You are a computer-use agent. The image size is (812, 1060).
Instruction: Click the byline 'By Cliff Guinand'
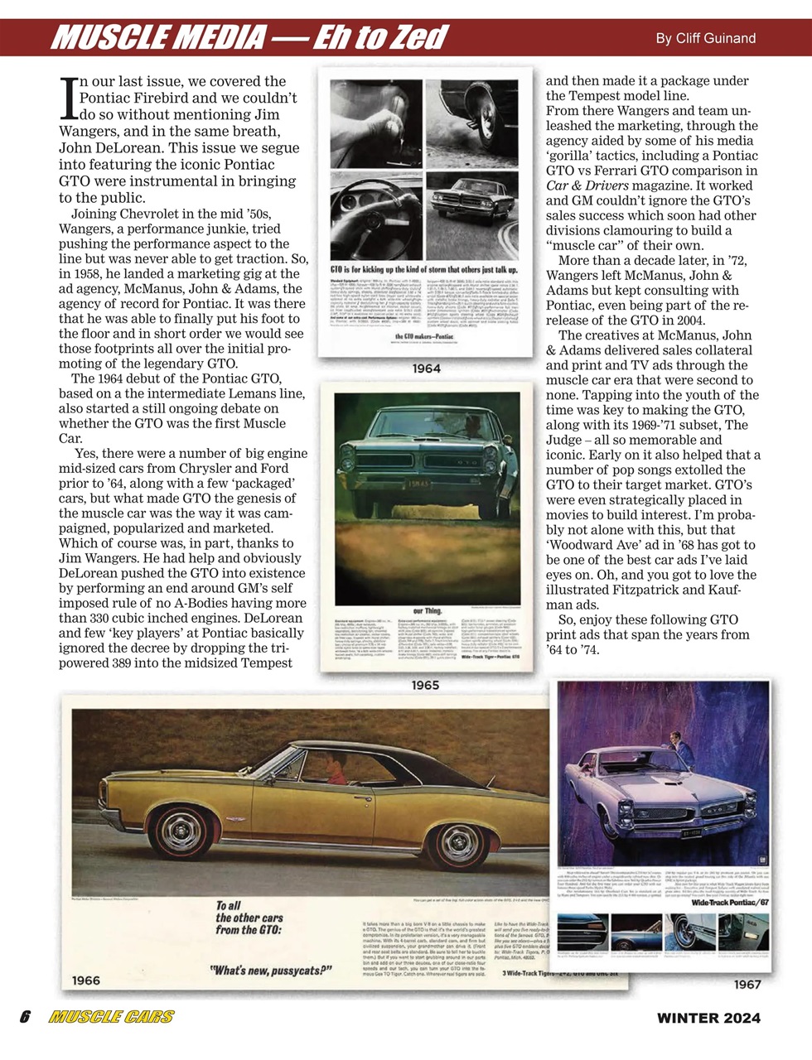tap(705, 38)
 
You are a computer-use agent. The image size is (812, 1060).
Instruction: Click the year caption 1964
tap(426, 369)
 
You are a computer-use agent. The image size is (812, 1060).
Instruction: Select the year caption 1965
tap(426, 686)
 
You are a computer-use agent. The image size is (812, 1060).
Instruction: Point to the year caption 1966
tap(86, 980)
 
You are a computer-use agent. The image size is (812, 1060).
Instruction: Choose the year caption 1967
tap(747, 985)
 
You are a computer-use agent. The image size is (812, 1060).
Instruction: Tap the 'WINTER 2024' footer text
tap(708, 1018)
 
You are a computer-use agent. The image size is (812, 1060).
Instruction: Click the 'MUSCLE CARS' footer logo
tap(111, 1018)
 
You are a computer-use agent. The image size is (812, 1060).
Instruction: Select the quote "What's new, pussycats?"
tap(270, 970)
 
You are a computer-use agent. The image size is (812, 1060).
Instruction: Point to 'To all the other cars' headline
tap(249, 918)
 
